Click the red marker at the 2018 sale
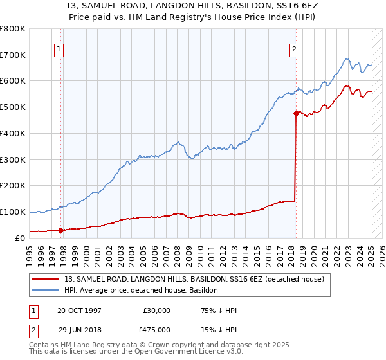pos(296,113)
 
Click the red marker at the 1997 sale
pos(60,230)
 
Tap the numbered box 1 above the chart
pos(59,48)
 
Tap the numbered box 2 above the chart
pos(294,48)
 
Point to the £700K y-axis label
pos(13,55)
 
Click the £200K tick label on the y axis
pos(13,186)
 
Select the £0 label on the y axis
pos(21,238)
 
